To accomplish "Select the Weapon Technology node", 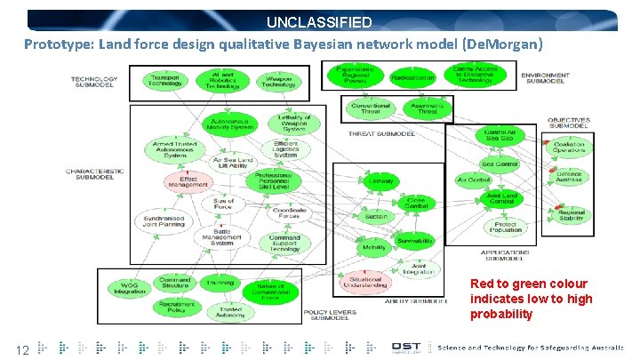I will tap(278, 82).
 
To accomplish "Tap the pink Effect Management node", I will tap(188, 180).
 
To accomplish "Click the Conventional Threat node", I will tap(371, 108).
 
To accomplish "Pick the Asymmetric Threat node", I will tap(428, 108).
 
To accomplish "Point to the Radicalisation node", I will tap(412, 78).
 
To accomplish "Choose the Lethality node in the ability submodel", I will tap(380, 181).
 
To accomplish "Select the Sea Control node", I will tap(499, 164).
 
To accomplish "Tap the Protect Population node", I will tap(507, 227).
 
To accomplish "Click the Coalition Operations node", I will tap(569, 148).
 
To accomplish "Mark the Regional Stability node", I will tap(572, 216).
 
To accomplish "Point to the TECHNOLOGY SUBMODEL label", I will tap(94, 82).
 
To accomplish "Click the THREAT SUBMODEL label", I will tap(378, 134).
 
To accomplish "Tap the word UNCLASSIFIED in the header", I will tap(318, 21).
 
